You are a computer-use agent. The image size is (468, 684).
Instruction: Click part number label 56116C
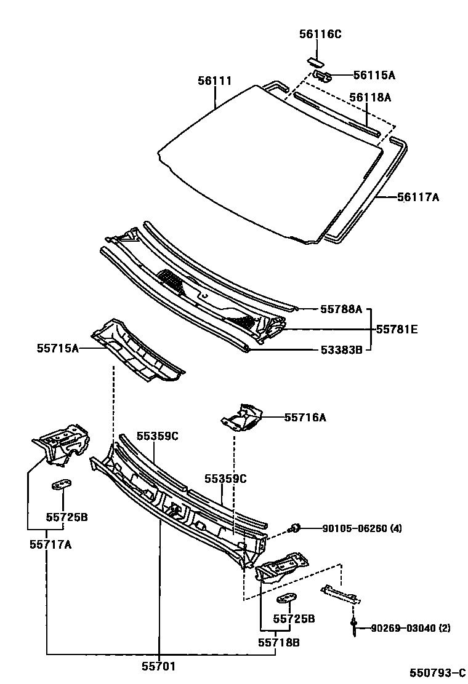[x=320, y=34]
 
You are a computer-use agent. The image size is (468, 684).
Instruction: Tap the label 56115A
[x=374, y=75]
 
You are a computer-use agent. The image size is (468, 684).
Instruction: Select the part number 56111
[x=215, y=81]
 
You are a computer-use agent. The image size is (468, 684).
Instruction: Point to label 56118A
[x=370, y=97]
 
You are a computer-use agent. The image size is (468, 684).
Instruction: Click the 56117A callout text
[x=418, y=197]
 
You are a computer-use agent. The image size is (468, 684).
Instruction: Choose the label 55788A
[x=341, y=309]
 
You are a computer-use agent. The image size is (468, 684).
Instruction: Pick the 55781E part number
[x=397, y=330]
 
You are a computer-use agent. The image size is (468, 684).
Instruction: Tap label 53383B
[x=341, y=350]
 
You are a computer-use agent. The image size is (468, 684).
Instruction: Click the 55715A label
[x=58, y=349]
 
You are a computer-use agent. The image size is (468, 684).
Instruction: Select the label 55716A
[x=305, y=418]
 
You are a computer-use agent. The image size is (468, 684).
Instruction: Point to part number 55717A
[x=50, y=544]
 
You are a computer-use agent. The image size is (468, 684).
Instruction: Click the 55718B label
[x=278, y=642]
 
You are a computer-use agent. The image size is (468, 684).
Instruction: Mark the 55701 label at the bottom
[x=159, y=665]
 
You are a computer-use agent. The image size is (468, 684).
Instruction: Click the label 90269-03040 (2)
[x=411, y=628]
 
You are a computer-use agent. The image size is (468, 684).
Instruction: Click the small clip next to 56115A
[x=323, y=75]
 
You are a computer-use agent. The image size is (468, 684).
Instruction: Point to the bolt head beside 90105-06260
[x=295, y=527]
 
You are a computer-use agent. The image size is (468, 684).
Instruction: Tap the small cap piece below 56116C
[x=315, y=61]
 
